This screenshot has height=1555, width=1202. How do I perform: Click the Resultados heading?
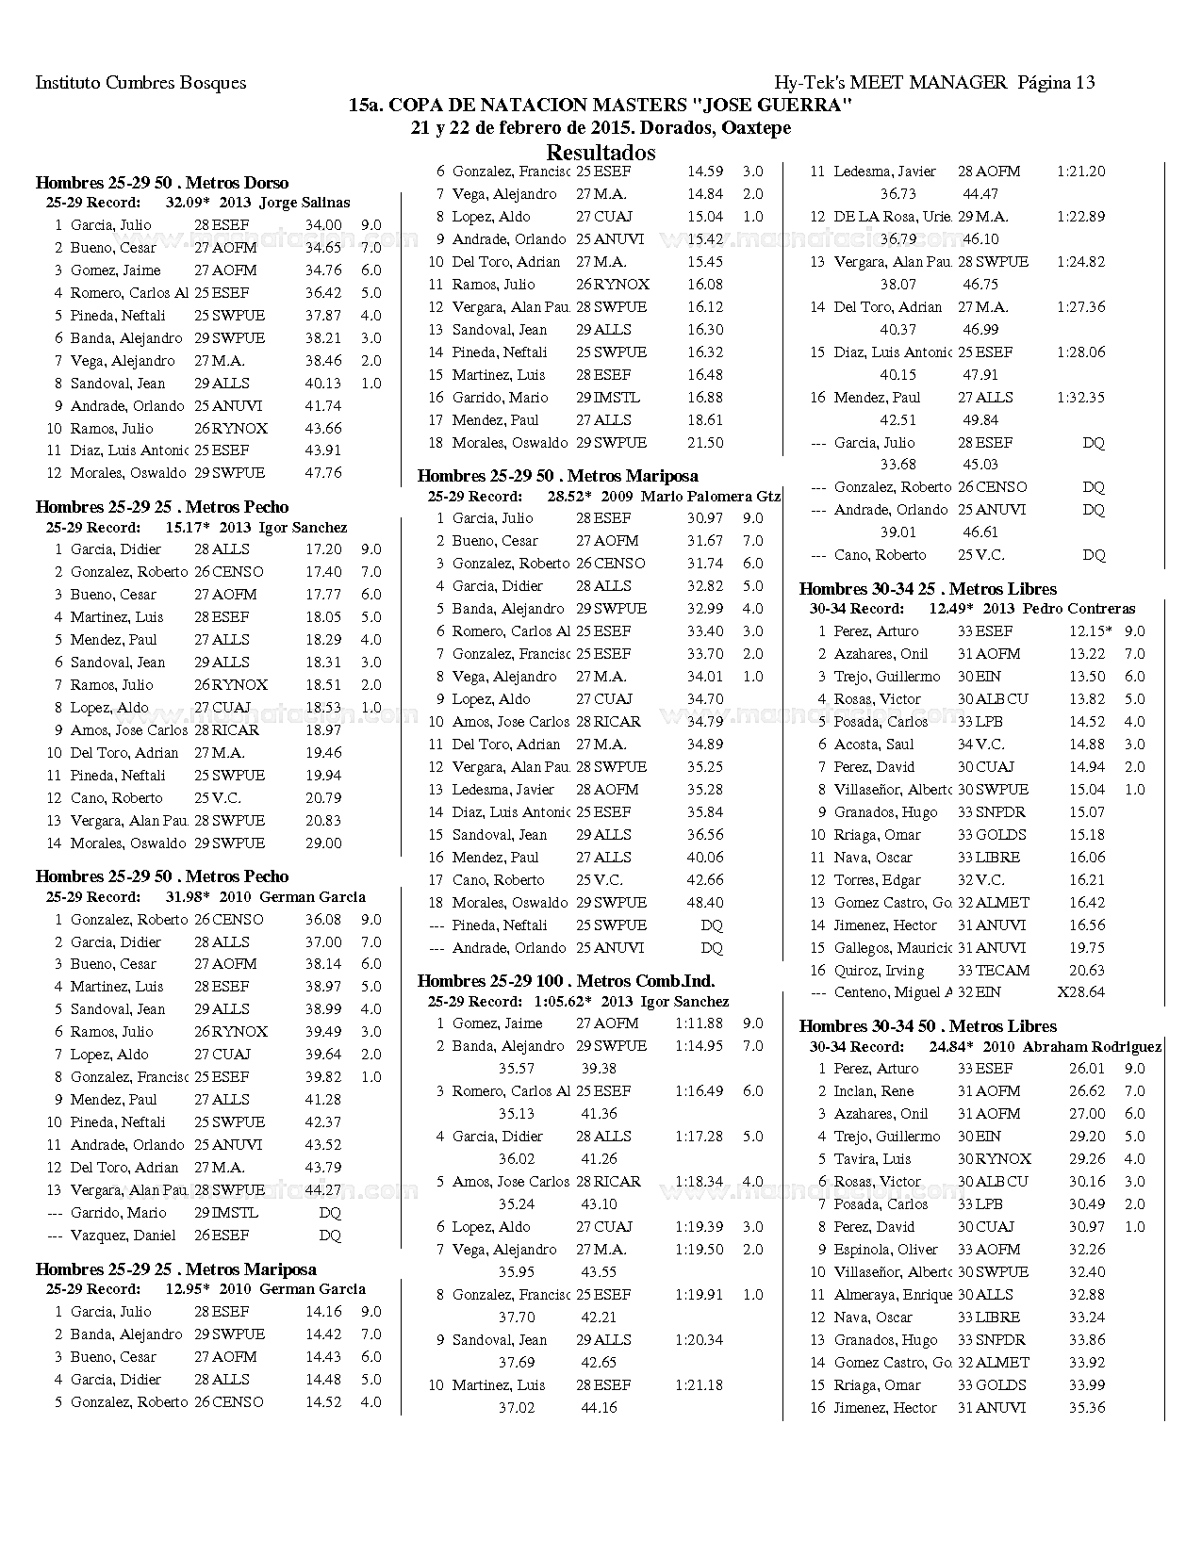601,153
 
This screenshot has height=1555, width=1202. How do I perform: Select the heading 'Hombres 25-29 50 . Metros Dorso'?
162,183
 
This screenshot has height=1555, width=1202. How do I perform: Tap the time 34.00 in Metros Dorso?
323,225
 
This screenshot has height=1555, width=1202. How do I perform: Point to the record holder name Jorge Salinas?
305,203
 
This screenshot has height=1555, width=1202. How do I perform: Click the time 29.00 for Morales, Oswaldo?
323,843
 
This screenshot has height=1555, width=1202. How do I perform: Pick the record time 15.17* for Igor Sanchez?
187,528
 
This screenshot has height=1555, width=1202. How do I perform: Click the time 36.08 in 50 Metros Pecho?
323,920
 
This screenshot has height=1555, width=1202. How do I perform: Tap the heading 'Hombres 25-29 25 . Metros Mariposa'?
176,1269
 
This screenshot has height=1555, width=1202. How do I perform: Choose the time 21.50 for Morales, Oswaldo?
705,443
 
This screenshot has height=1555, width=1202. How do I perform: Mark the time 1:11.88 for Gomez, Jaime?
699,1023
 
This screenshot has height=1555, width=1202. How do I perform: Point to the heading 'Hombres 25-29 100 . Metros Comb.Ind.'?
566,981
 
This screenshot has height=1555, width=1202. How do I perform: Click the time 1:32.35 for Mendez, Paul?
1080,398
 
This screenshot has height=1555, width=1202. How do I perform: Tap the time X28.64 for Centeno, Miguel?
1080,992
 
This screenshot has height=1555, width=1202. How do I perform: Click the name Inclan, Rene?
873,1091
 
